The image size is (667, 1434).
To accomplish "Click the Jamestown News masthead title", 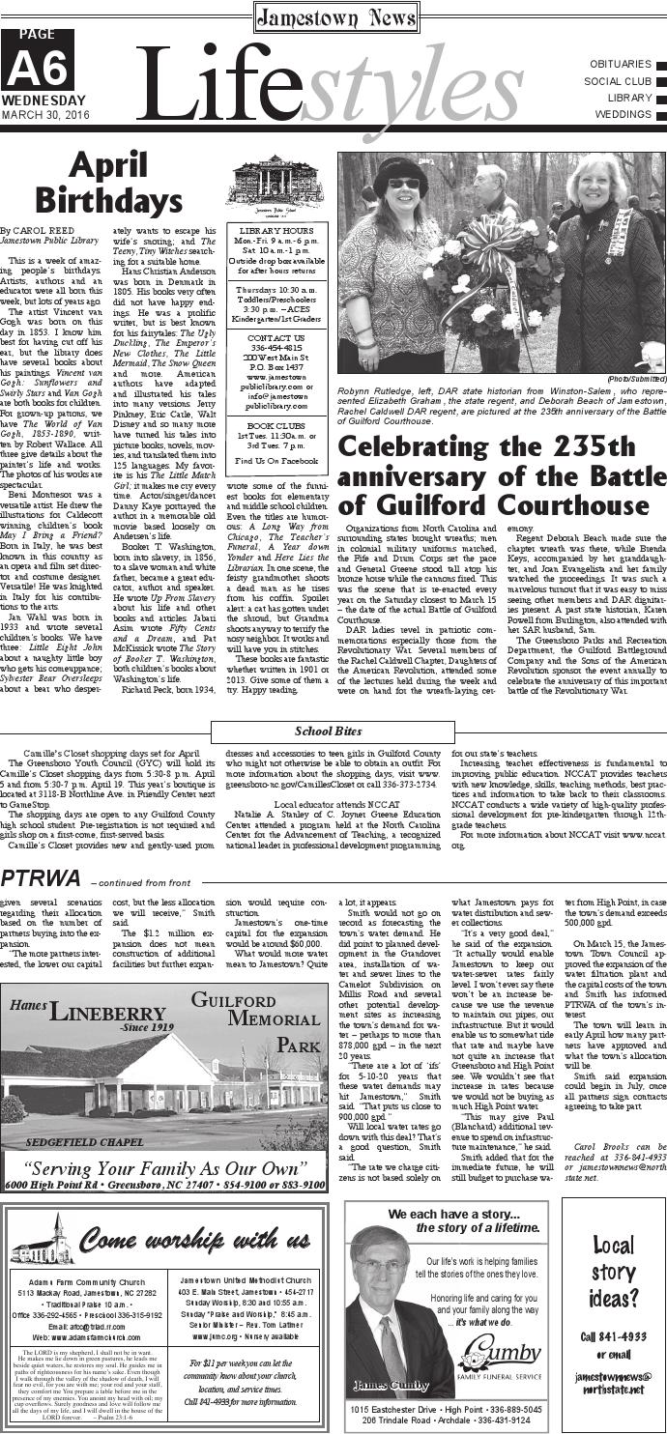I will [334, 16].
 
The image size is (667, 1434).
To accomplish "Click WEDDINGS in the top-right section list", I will [622, 114].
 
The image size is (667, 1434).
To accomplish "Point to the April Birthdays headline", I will [118, 184].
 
